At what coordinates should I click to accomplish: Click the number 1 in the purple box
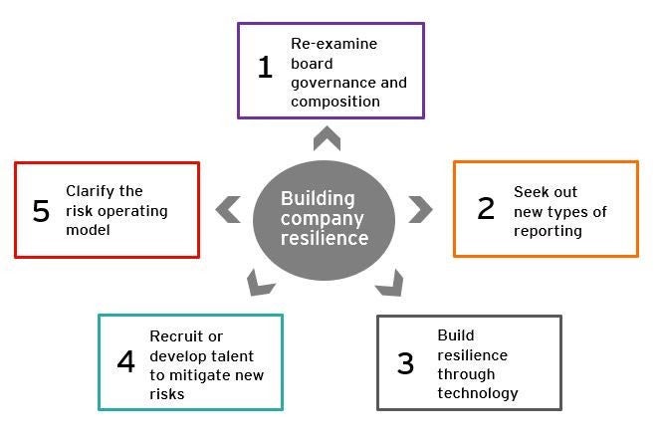point(265,68)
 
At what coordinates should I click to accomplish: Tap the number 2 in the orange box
point(486,208)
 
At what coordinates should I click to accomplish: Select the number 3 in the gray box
point(405,363)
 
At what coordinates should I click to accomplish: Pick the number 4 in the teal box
point(125,360)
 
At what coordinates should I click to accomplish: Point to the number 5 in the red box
point(41,211)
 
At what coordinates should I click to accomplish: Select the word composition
point(335,102)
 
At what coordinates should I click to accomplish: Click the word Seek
point(531,191)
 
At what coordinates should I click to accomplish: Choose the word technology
point(478,393)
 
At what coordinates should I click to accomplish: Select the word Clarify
point(91,191)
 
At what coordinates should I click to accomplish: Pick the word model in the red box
point(87,231)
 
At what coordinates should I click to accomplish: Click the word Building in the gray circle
point(317,198)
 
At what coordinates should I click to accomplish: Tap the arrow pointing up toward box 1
point(327,136)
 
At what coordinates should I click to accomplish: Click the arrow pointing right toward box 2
point(421,209)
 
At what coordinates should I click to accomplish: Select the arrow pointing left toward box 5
point(229,209)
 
